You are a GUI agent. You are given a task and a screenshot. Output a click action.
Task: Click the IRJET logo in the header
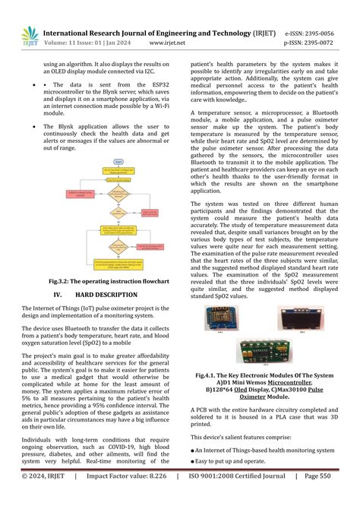[30, 36]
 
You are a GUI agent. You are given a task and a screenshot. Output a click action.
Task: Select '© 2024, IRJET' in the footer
[43, 497]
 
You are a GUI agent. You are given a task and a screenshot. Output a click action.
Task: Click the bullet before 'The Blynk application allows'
[26, 126]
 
